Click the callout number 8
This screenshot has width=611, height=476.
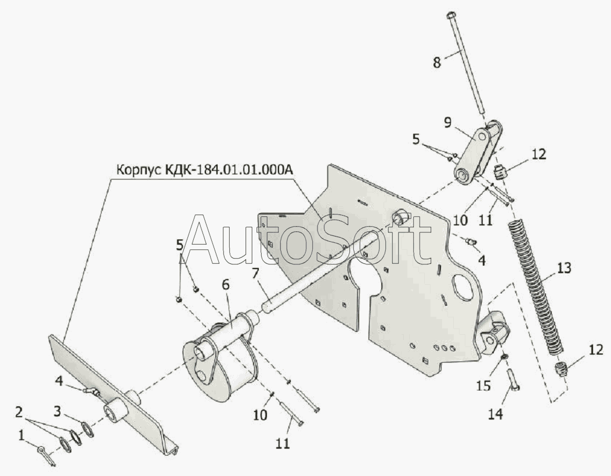[438, 61]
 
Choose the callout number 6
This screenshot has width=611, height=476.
[225, 285]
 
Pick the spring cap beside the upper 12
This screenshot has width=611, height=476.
[501, 172]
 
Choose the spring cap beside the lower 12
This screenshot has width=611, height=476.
[561, 370]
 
